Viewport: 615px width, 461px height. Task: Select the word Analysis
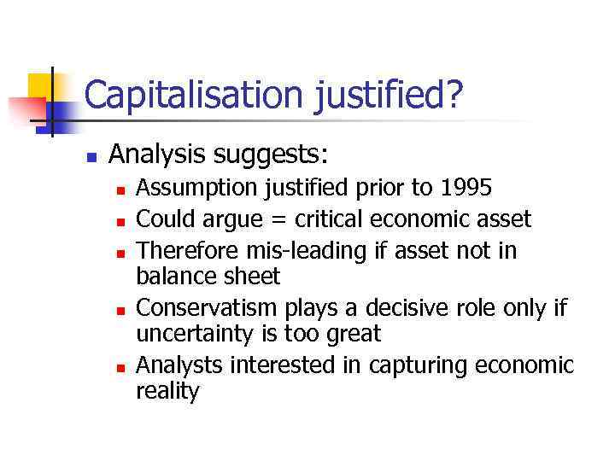(158, 155)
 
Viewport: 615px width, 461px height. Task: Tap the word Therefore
(186, 249)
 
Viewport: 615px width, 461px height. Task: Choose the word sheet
(252, 277)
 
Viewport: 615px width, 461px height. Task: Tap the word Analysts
(180, 365)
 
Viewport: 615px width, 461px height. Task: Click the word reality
(167, 393)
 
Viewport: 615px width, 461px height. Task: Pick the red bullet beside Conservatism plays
(121, 309)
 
